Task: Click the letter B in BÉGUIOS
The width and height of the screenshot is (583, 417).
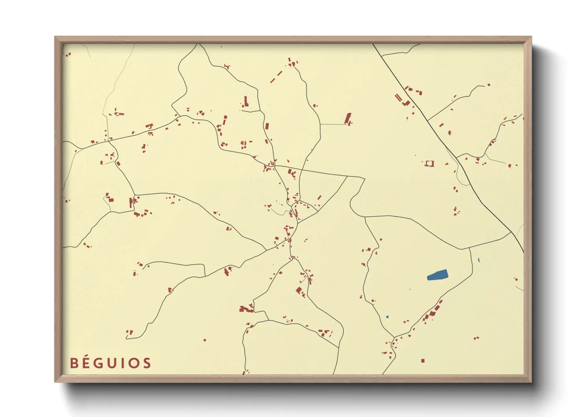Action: point(74,363)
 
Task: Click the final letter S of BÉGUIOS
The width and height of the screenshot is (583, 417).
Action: point(147,363)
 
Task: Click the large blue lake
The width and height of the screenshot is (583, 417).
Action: point(437,275)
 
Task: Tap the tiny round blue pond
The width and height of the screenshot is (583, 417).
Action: point(387,317)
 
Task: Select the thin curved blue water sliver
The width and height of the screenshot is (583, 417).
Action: point(479,260)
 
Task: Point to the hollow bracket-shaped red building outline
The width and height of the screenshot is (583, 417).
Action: point(429,163)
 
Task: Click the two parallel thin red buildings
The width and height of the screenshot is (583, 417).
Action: point(398,97)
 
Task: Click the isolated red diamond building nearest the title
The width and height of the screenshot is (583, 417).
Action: point(204,340)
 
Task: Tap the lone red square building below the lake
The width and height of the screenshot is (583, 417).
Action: point(423,361)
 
